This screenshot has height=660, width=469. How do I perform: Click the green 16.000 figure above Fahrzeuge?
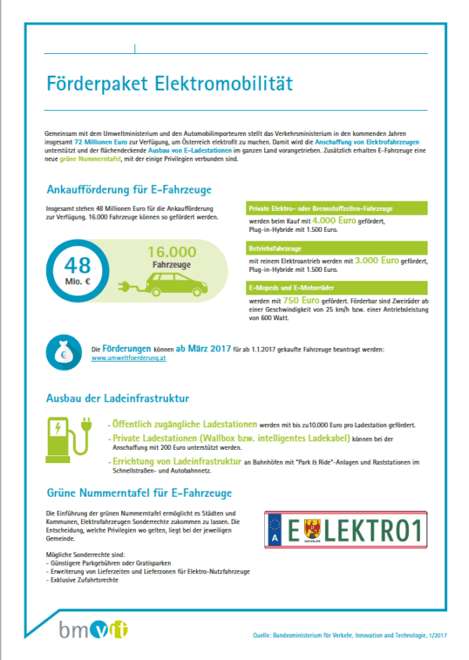point(172,252)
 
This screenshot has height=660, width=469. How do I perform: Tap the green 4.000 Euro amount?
point(334,222)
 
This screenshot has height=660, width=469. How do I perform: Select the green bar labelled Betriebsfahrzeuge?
point(335,248)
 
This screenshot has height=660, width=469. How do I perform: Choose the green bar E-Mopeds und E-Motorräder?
point(335,287)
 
